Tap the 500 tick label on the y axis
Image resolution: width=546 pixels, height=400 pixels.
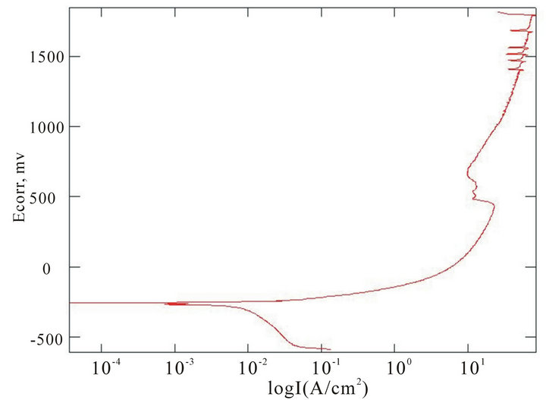pyautogui.click(x=52, y=197)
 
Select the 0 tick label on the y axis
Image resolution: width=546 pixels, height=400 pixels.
pyautogui.click(x=59, y=267)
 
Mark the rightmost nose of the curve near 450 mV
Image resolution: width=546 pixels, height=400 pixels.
pyautogui.click(x=494, y=205)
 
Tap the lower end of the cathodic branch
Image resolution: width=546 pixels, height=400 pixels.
pyautogui.click(x=330, y=349)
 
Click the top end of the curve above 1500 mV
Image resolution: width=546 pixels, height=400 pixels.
pyautogui.click(x=498, y=12)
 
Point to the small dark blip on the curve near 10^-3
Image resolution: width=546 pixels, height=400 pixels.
pyautogui.click(x=176, y=304)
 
